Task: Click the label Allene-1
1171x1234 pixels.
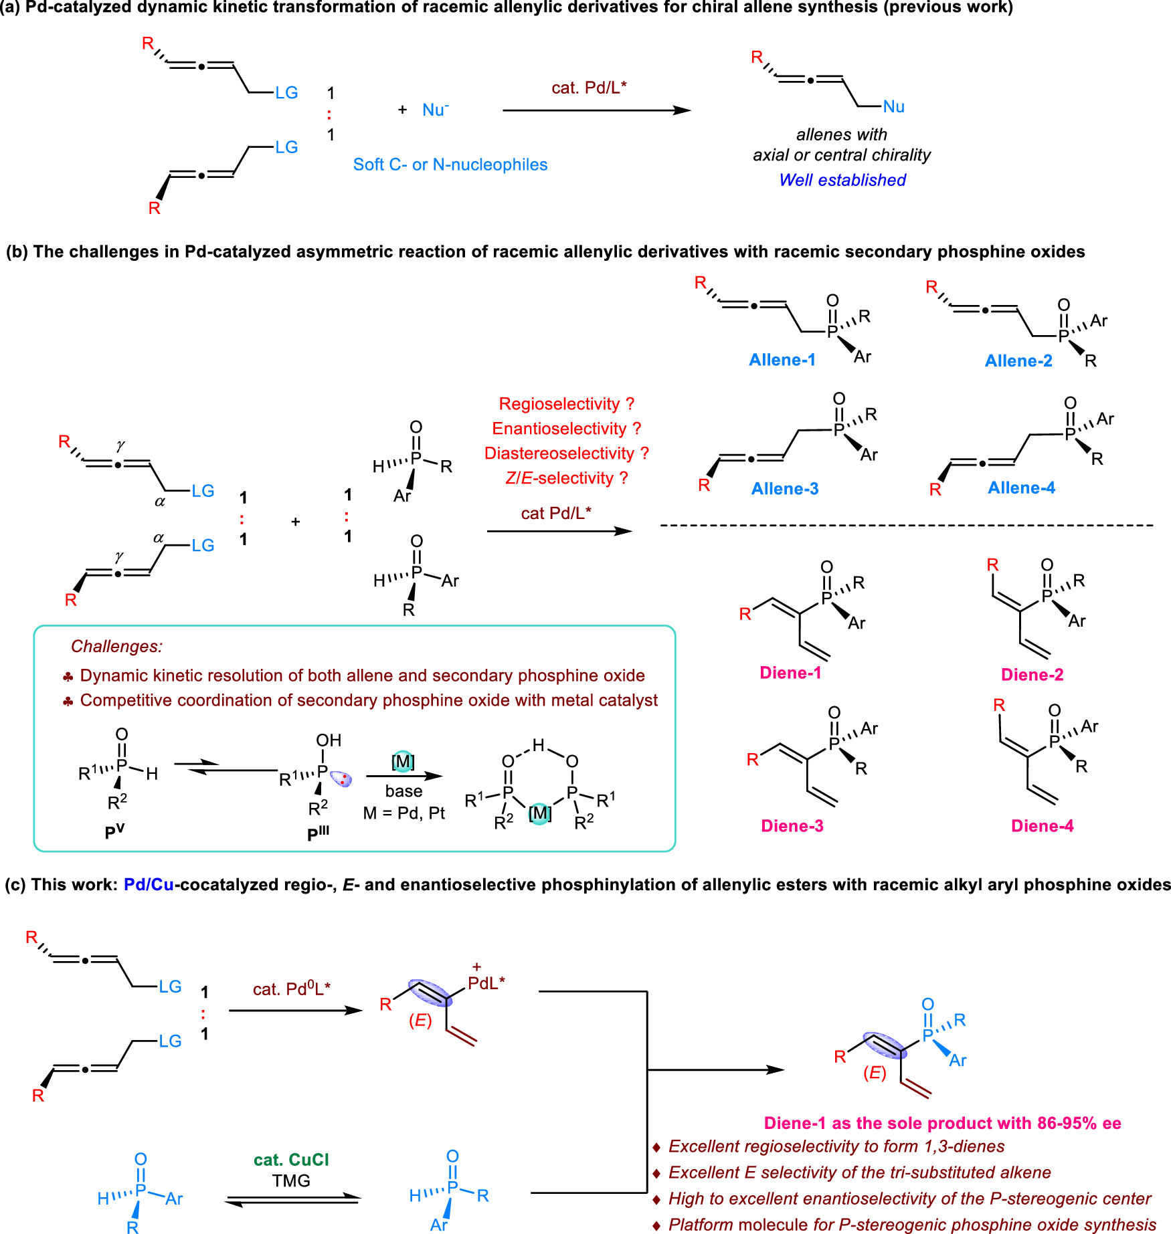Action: click(x=782, y=360)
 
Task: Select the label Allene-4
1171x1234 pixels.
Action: click(x=1021, y=488)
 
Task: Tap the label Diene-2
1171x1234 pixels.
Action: click(x=1032, y=675)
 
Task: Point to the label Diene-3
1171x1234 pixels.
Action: click(x=792, y=826)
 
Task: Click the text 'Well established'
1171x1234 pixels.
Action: click(x=842, y=180)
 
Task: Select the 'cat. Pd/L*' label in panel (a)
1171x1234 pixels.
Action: click(x=589, y=88)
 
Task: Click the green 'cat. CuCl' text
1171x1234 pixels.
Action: click(x=291, y=1160)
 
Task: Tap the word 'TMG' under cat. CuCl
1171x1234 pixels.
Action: click(x=291, y=1180)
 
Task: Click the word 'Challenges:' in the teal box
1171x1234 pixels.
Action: click(x=116, y=647)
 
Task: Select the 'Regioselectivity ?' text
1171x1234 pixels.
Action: click(x=566, y=404)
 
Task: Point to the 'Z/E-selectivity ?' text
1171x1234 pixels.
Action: click(x=566, y=478)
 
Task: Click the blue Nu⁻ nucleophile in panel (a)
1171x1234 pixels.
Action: click(x=435, y=110)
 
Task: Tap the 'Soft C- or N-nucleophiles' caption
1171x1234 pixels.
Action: click(x=450, y=165)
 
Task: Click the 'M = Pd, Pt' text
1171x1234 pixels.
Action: click(x=403, y=813)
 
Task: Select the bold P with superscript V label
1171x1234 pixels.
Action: click(x=114, y=832)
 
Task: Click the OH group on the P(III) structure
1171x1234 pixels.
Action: click(x=329, y=740)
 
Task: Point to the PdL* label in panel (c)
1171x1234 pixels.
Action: click(x=486, y=983)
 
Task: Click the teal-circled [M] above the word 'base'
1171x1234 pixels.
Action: click(x=403, y=761)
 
